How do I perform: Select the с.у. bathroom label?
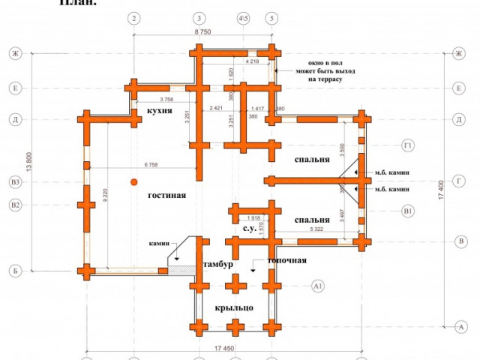coord(250,227)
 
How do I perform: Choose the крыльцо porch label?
coord(233,307)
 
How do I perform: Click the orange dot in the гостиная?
coord(133,181)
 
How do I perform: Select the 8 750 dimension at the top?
coord(202,33)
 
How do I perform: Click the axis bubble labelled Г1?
coord(409,145)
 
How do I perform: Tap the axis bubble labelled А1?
coord(318,286)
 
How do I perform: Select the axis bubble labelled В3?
coord(14,181)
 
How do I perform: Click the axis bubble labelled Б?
coord(14,270)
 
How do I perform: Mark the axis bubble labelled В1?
coord(409,211)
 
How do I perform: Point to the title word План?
coord(77,3)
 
